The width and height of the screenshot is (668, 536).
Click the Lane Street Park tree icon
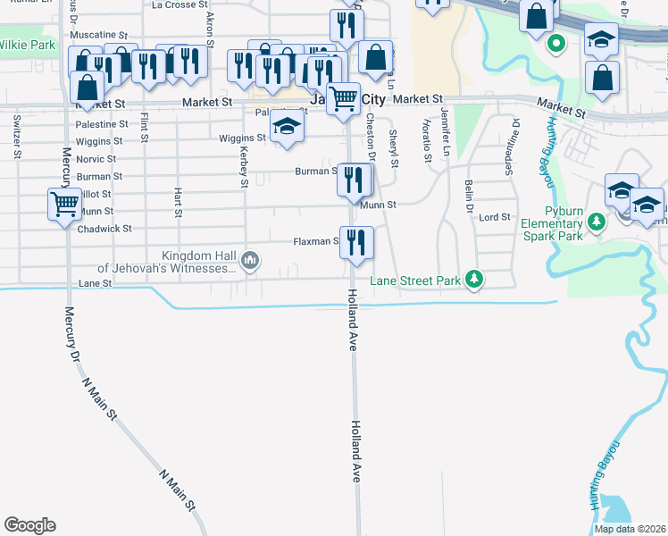click(475, 281)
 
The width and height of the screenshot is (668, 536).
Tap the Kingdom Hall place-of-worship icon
click(250, 261)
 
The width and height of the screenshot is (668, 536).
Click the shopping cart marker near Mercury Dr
click(64, 205)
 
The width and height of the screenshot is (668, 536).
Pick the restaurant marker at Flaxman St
click(356, 241)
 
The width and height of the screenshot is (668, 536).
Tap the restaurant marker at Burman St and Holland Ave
click(355, 180)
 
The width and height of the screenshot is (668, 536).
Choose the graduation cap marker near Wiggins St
click(287, 127)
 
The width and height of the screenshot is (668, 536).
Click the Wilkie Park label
click(27, 45)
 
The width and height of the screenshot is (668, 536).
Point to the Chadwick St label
click(105, 229)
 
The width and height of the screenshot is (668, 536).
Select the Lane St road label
click(95, 282)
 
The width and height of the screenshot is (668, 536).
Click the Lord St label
click(494, 217)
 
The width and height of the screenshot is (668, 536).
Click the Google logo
click(29, 525)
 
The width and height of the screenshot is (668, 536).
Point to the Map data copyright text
click(630, 529)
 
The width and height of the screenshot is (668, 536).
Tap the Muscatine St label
click(98, 35)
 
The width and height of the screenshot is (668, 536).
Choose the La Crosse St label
click(179, 5)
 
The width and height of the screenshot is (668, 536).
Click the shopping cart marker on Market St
click(343, 98)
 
